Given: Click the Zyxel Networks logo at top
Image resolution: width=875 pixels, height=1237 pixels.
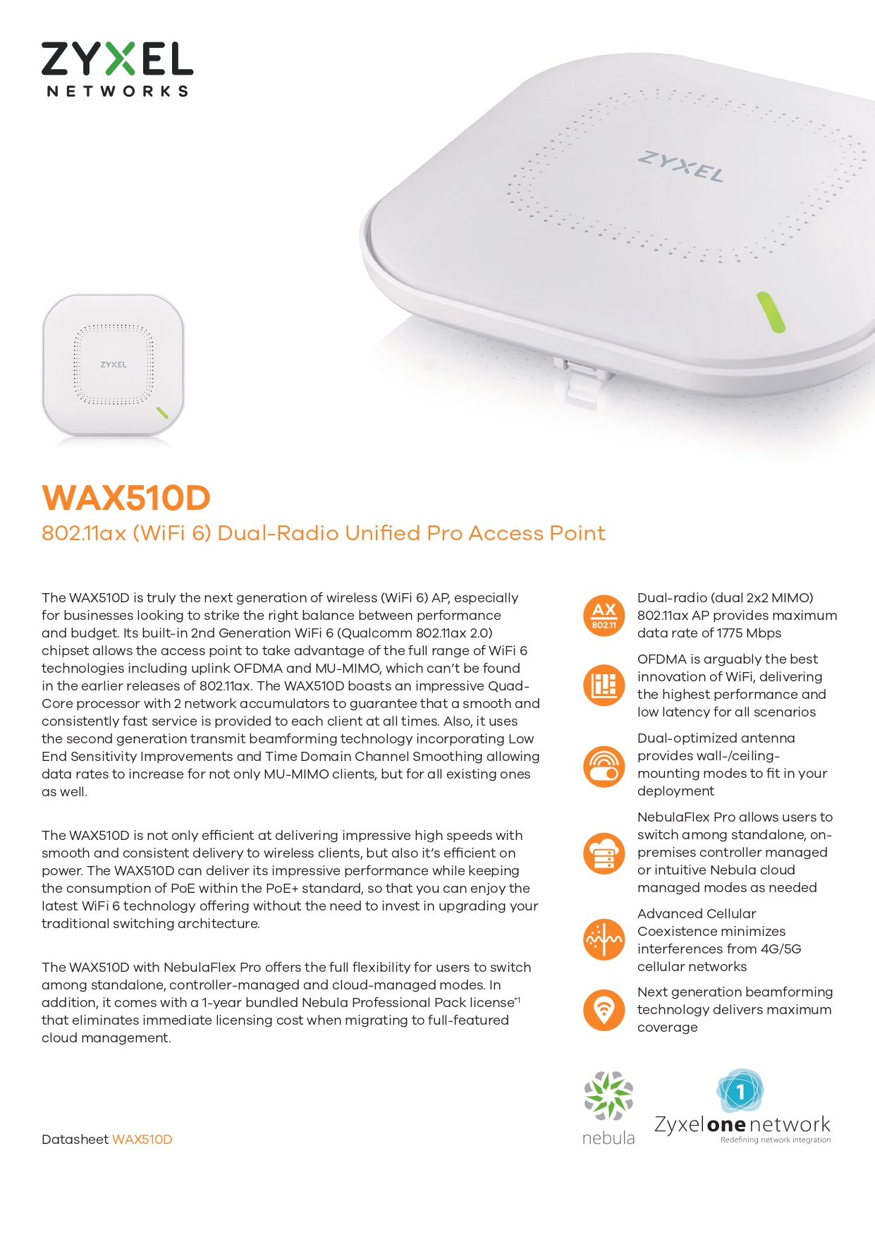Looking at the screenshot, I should coord(117,68).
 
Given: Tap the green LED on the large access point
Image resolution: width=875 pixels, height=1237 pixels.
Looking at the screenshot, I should coord(770,312).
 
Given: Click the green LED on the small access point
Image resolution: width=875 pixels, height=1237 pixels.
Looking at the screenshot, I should coord(162,413).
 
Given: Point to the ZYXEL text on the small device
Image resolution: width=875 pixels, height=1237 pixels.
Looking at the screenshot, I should coord(114,365).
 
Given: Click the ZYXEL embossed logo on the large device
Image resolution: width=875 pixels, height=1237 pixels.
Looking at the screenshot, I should coord(681,166).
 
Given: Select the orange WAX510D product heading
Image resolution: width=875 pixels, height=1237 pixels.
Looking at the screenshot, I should coord(126,498).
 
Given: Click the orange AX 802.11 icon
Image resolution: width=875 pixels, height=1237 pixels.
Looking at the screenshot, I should coord(604,615).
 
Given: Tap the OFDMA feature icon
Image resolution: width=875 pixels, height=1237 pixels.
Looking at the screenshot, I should coord(604,685).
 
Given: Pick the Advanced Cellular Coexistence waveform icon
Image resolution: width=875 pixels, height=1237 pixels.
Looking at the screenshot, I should coord(604,939).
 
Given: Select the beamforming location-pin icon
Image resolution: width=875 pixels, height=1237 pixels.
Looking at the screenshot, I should coord(604,1009).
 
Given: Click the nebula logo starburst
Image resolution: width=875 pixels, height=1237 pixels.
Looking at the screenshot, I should coord(608,1095).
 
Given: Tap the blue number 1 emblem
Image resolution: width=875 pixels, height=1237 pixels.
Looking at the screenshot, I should coord(740,1092).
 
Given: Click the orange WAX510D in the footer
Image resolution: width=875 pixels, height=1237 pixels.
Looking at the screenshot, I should coord(142,1140).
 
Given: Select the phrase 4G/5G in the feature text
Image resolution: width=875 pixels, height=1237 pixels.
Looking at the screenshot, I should coord(781,949).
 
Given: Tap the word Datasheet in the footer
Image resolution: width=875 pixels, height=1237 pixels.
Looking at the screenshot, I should coord(75,1140).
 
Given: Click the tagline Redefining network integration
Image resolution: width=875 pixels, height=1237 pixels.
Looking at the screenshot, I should coord(776,1140).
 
